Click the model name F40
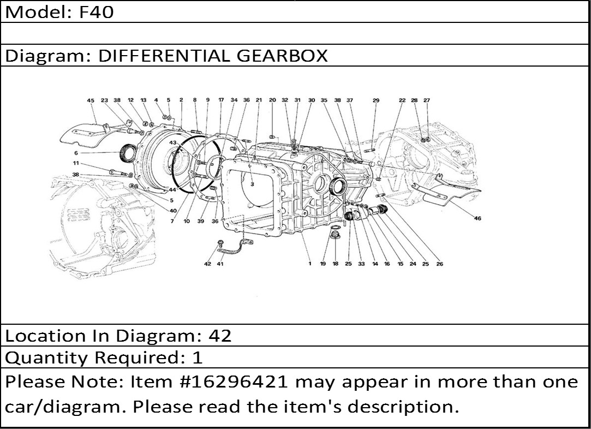(x=96, y=11)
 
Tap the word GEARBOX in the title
(x=282, y=56)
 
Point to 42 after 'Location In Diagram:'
(x=220, y=336)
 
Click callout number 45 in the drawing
(x=91, y=100)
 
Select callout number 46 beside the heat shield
(x=477, y=218)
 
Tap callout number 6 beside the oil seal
(x=76, y=153)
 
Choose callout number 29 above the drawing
(x=376, y=100)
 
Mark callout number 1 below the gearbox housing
(x=310, y=264)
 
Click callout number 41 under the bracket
(x=220, y=264)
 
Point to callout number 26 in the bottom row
(x=439, y=264)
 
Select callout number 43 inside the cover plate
(x=172, y=142)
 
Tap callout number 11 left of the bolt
(x=76, y=163)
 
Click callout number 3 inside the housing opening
(x=252, y=184)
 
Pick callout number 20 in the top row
(x=272, y=100)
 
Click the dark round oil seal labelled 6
(x=129, y=153)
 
